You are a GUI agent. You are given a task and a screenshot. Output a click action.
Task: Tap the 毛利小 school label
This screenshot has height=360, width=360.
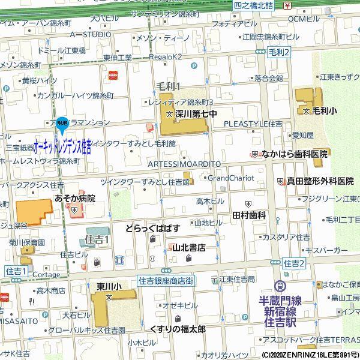tap(324, 111)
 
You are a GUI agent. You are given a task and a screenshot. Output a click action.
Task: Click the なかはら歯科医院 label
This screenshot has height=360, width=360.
tap(295, 154)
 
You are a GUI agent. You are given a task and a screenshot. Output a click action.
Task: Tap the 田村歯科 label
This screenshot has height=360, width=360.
tap(249, 214)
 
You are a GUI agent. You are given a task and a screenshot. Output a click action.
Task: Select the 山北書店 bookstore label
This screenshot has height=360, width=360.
tap(189, 247)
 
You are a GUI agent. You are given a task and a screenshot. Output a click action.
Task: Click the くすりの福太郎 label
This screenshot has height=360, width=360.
tap(178, 329)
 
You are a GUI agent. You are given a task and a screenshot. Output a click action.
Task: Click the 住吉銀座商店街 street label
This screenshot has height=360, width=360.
tap(165, 280)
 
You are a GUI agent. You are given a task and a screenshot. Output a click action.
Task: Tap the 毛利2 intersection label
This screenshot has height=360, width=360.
tap(279, 53)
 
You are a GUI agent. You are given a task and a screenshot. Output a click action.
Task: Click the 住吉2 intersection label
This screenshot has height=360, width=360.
tap(295, 263)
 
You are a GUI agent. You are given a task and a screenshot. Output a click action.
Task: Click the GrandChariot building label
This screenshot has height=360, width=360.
tap(230, 178)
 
